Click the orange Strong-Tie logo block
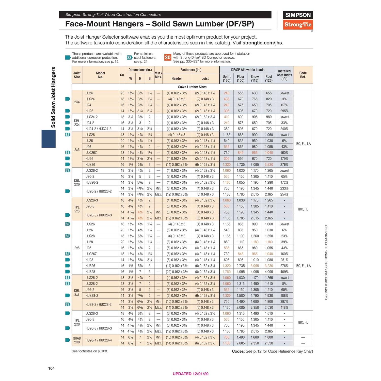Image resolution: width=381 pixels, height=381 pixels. (x=298, y=25)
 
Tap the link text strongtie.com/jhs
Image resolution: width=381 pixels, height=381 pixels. (x=262, y=43)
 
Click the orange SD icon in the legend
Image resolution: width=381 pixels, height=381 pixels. (x=168, y=57)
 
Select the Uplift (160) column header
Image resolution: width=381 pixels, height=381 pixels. (x=227, y=78)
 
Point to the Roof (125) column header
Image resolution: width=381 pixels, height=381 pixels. (x=269, y=78)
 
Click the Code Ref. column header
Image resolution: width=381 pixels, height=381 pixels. (x=303, y=75)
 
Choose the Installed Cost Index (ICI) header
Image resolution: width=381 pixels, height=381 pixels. (x=284, y=75)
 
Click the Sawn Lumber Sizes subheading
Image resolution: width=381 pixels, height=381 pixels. (x=192, y=87)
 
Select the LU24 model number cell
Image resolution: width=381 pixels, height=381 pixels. (x=89, y=93)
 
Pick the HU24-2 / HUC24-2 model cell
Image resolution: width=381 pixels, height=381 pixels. (x=98, y=129)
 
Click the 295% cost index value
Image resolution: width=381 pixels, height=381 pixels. (x=284, y=111)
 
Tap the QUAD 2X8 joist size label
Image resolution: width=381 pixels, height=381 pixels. (x=77, y=340)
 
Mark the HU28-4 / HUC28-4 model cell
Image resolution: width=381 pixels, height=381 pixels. (x=99, y=340)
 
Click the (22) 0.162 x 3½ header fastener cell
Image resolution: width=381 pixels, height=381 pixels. (x=177, y=272)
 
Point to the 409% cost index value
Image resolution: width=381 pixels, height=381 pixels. (x=284, y=272)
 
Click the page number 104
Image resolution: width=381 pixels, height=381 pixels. (x=51, y=368)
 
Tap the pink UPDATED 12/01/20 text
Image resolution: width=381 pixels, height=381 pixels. (x=190, y=374)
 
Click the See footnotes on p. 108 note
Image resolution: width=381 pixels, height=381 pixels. (x=90, y=351)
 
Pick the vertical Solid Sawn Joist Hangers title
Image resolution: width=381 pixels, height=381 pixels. (x=53, y=97)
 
